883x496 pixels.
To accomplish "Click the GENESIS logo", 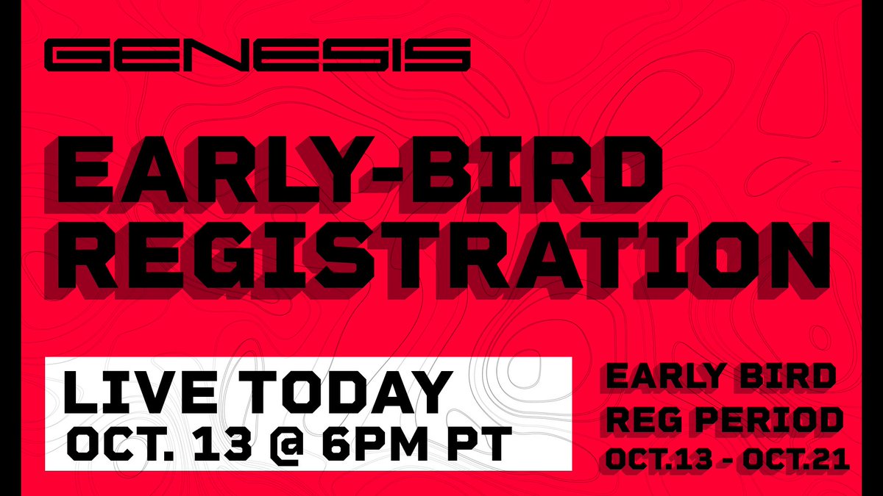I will (x=257, y=56).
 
